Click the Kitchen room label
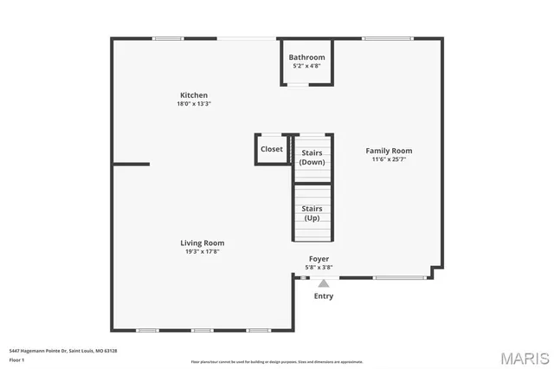click(x=193, y=95)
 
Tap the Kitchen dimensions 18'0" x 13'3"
click(x=193, y=104)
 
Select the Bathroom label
click(x=306, y=57)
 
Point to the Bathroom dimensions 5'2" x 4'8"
click(x=306, y=65)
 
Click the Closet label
click(x=272, y=149)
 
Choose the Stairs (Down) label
click(x=312, y=158)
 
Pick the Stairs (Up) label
click(x=312, y=213)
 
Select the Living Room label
click(x=202, y=243)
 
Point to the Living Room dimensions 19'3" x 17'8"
click(x=202, y=252)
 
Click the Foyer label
click(x=319, y=259)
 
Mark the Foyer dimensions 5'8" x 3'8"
click(x=319, y=268)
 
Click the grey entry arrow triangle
click(x=323, y=283)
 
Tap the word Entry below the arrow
click(x=323, y=296)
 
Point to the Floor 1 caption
click(x=16, y=359)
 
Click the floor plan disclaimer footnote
click(x=277, y=361)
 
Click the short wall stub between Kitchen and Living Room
click(x=131, y=164)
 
